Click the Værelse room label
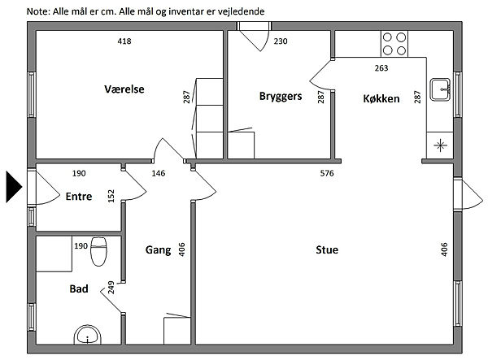[124, 89]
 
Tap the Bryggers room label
[281, 96]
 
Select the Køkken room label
[381, 98]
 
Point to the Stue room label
[327, 249]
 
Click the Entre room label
[79, 196]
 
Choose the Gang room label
[158, 249]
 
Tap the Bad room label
[79, 288]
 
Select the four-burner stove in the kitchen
[394, 42]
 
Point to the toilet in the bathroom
[99, 251]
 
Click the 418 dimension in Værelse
[124, 41]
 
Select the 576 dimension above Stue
[327, 173]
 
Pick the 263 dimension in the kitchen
[381, 68]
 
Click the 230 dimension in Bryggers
[281, 41]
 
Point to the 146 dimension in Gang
[159, 173]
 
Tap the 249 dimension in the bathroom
[111, 287]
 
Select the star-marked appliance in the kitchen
[440, 146]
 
